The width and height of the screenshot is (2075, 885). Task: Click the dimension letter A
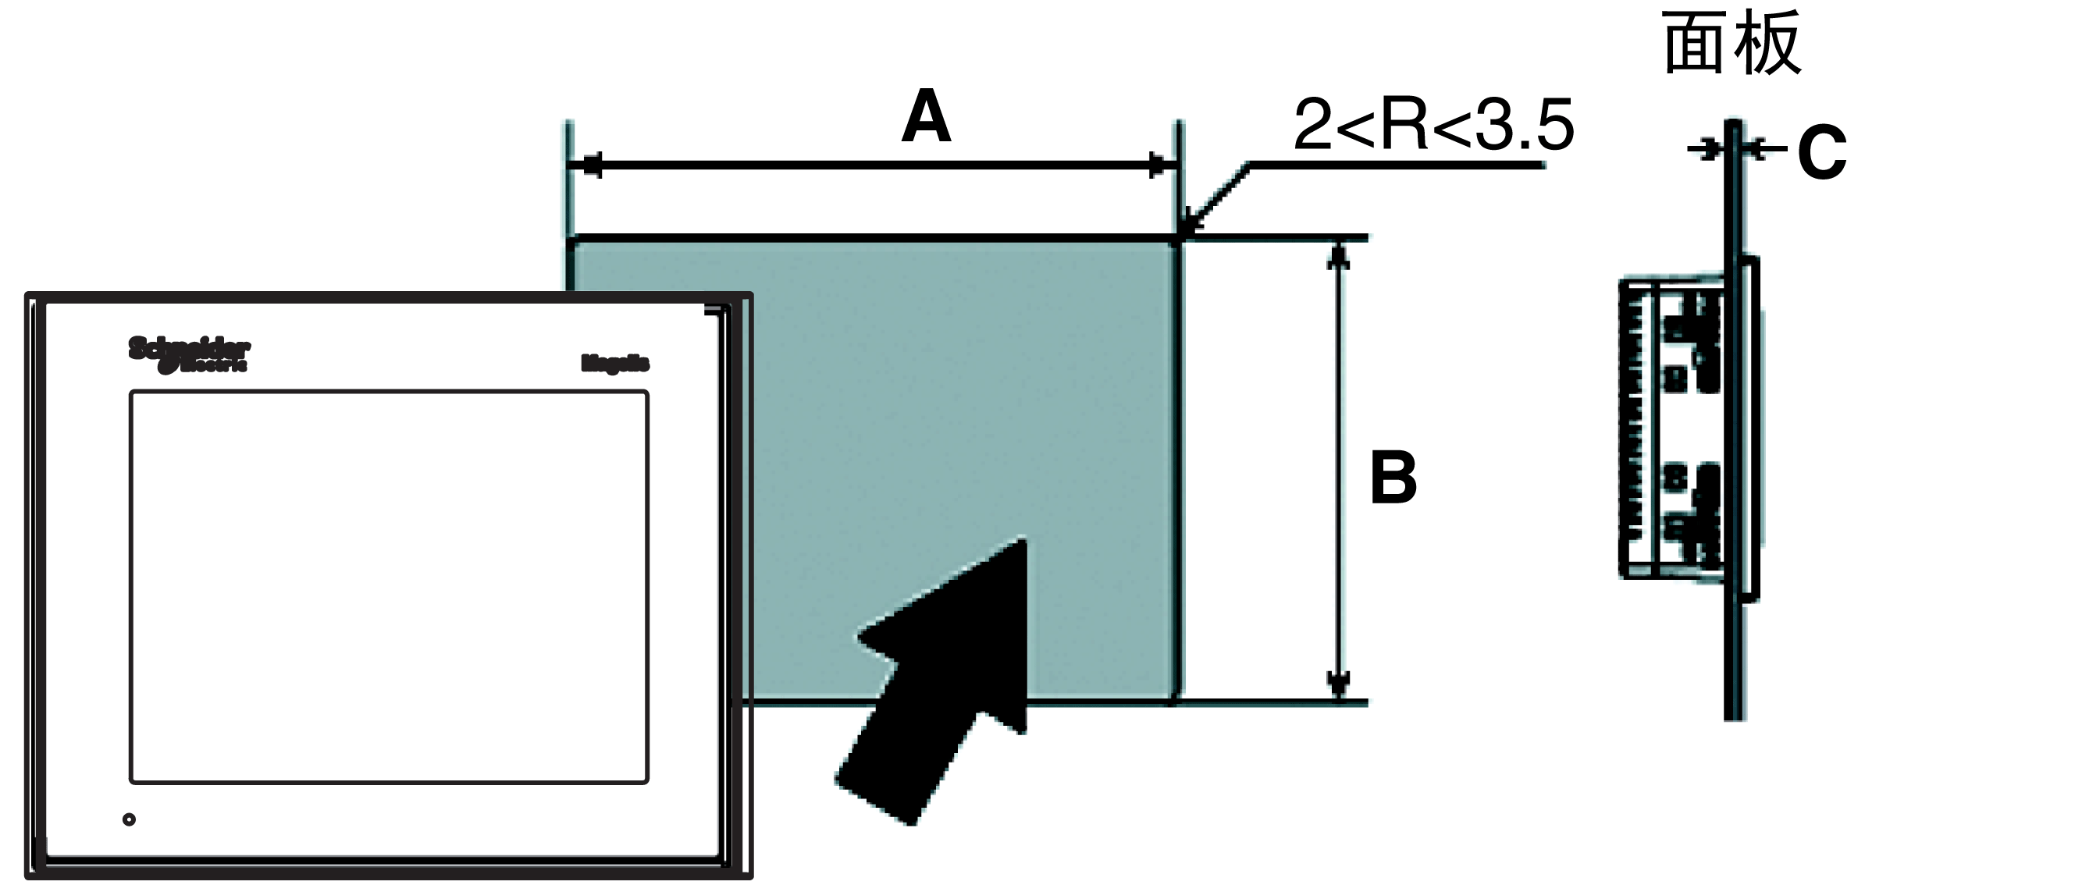click(927, 118)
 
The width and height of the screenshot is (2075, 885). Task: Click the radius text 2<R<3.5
click(1433, 125)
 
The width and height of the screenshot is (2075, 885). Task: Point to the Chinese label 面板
click(1731, 44)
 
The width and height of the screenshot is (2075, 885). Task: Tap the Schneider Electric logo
click(189, 355)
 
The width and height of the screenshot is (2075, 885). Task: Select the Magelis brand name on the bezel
click(614, 364)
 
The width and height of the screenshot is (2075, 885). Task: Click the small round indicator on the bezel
click(129, 819)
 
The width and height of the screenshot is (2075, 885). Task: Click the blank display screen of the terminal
click(389, 586)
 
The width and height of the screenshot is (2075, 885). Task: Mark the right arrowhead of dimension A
click(1158, 166)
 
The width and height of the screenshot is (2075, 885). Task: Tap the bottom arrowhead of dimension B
click(1338, 684)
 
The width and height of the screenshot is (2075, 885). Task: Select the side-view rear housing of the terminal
click(1671, 427)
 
